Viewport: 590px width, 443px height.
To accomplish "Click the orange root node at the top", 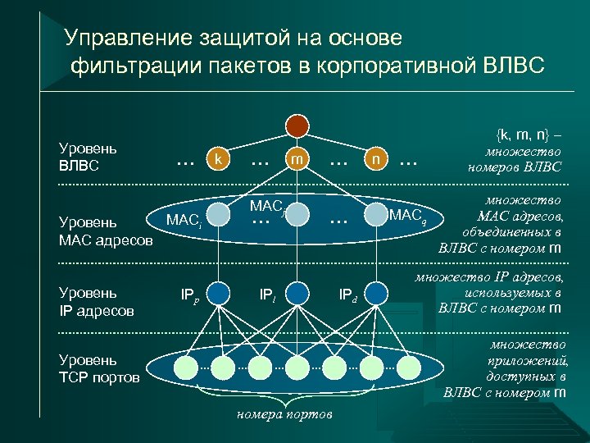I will pyautogui.click(x=297, y=125).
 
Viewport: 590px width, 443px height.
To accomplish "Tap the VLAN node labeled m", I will pyautogui.click(x=296, y=158).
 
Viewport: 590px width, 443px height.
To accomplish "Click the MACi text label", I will pyautogui.click(x=184, y=220).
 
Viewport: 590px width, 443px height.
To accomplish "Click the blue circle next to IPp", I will pyautogui.click(x=217, y=292).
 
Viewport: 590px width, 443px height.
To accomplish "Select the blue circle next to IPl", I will pyautogui.click(x=297, y=292).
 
